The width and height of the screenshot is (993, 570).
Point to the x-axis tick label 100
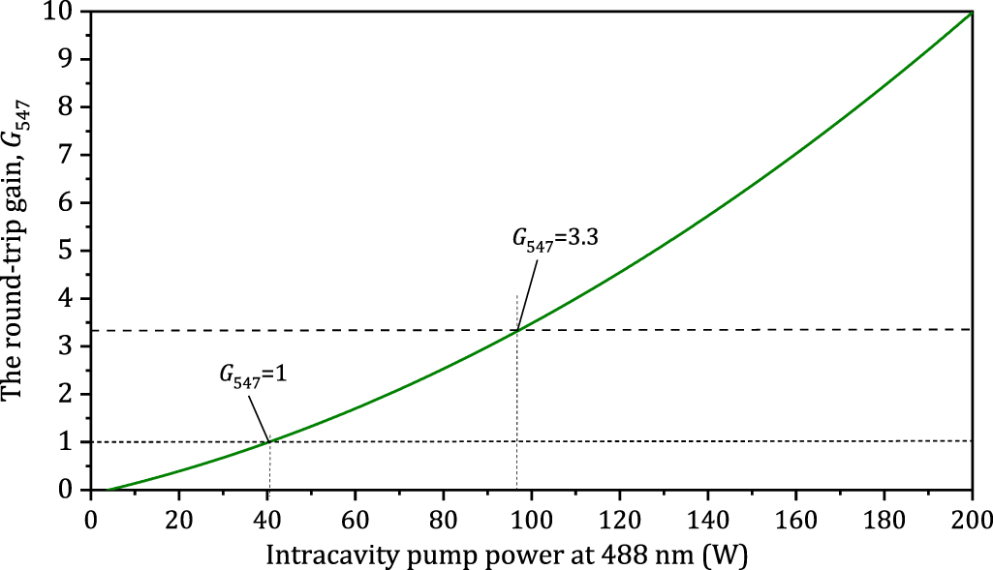[531, 513]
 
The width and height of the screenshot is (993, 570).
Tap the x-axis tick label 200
[971, 513]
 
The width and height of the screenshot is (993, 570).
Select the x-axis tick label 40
[266, 513]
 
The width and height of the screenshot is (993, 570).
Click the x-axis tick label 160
[794, 513]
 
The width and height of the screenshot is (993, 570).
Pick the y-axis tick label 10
[67, 12]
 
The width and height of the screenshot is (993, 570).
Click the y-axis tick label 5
[73, 251]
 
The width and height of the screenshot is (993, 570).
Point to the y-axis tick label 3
[73, 346]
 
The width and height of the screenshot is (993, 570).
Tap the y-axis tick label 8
[73, 107]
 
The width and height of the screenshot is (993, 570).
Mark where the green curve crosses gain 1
[269, 442]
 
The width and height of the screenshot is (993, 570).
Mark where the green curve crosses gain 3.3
[517, 331]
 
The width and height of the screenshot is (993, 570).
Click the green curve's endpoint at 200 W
[971, 13]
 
